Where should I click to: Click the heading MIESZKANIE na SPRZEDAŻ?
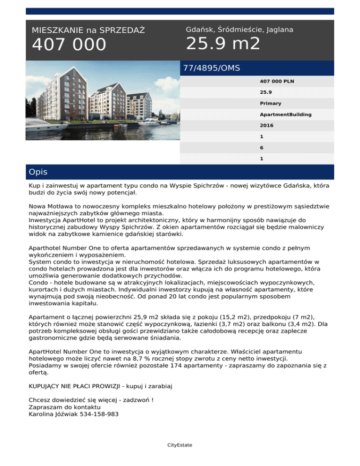point(88,30)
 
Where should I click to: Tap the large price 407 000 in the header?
point(69,45)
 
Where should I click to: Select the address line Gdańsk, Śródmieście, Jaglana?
point(240,30)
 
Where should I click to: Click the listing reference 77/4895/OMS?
point(211,68)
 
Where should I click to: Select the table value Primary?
point(270,103)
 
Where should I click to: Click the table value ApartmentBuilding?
point(286,114)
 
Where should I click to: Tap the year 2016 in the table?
point(267,126)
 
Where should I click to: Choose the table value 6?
point(262,147)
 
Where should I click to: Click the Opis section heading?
point(38,172)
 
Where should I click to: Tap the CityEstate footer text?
point(180,445)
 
